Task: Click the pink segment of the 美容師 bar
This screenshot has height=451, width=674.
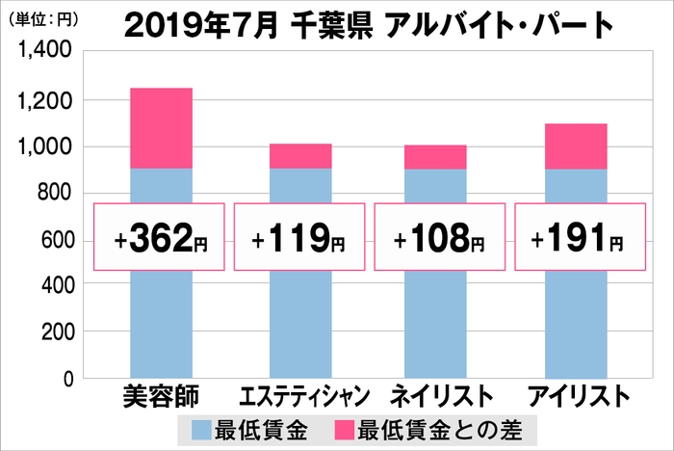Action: pos(161,128)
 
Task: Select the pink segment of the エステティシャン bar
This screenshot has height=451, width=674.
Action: pos(299,156)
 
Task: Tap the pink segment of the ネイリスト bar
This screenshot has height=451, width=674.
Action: pos(435,157)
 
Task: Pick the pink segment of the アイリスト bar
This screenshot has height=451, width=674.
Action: pos(576,146)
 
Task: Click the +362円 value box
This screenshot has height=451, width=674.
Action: pos(159,238)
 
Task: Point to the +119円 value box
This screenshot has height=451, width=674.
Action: pos(298,238)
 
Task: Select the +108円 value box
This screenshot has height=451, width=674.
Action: pos(439,238)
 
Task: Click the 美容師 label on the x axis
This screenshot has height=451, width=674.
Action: pos(160,395)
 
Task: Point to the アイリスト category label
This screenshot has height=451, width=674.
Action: pos(577,396)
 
